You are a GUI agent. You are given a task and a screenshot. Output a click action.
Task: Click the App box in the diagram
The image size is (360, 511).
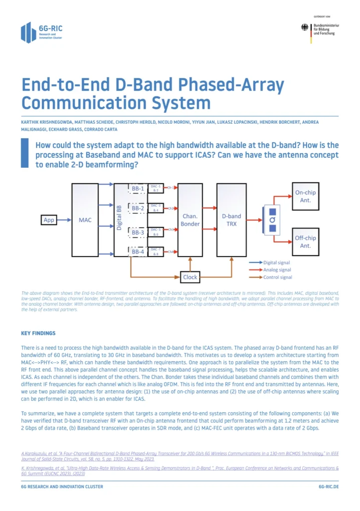[49, 220]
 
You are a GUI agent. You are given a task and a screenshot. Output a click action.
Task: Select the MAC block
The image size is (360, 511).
[85, 220]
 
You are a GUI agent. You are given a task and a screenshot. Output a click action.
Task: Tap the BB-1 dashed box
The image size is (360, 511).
[138, 189]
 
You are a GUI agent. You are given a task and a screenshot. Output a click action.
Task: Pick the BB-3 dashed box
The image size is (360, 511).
[138, 232]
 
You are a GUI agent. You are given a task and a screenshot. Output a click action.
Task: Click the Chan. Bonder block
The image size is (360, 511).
[190, 220]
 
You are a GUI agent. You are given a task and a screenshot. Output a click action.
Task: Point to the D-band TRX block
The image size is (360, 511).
[231, 220]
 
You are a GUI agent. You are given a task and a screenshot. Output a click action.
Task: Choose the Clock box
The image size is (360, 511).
[190, 277]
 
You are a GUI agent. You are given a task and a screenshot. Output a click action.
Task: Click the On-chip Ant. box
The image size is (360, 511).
[305, 196]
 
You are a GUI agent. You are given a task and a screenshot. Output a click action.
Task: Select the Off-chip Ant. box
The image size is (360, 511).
[305, 242]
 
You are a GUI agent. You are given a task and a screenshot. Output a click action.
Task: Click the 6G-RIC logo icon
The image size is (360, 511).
[28, 32]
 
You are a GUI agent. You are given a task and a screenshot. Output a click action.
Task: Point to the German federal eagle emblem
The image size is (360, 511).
[305, 28]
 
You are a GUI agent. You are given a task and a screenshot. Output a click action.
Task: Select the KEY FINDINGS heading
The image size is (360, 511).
[38, 333]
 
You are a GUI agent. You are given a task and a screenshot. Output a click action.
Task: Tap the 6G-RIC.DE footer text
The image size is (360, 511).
[328, 486]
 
